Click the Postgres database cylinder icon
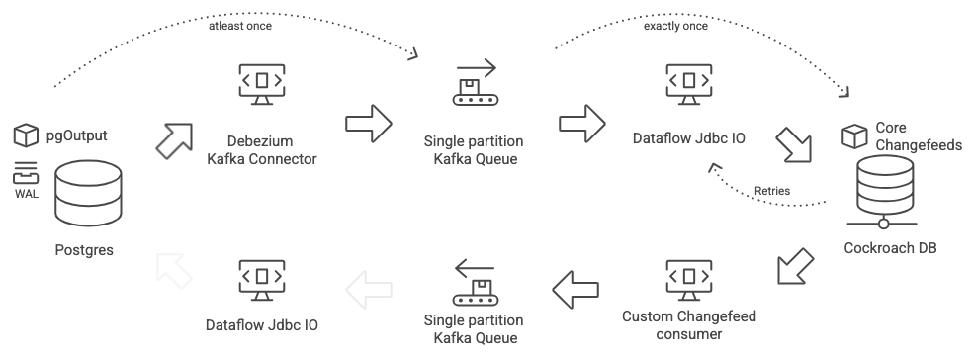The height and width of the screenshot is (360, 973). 88,195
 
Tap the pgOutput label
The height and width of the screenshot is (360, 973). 77,135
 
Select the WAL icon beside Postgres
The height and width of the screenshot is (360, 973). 26,177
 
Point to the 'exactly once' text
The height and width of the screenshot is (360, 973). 675,27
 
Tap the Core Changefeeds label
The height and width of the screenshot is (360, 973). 905,135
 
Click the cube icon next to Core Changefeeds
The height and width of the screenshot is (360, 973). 853,135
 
